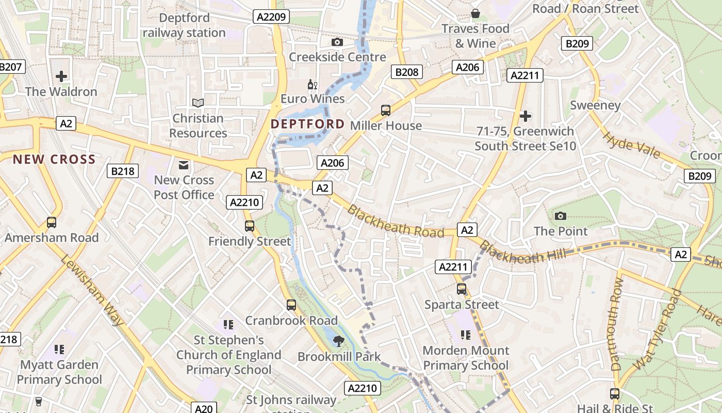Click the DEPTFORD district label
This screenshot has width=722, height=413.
click(307, 124)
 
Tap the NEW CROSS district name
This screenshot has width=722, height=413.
click(55, 159)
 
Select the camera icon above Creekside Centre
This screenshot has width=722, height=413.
click(337, 42)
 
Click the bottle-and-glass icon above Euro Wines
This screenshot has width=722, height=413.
click(312, 84)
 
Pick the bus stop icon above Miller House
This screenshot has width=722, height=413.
click(385, 110)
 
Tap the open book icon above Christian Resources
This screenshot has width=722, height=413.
click(198, 103)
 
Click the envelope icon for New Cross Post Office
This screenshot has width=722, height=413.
click(183, 165)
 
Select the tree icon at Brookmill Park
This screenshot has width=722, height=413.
click(339, 341)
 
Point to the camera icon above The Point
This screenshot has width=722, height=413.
click(561, 216)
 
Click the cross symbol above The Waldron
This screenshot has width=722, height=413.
click(61, 76)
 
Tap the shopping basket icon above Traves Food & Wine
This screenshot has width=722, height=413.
click(475, 13)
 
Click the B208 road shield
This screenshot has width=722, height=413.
click(406, 72)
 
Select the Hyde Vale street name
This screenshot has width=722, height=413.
click(631, 145)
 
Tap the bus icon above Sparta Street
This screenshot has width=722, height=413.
click(462, 289)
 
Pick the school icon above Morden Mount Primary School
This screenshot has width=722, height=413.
click(466, 335)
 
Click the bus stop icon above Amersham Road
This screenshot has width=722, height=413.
click(52, 223)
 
